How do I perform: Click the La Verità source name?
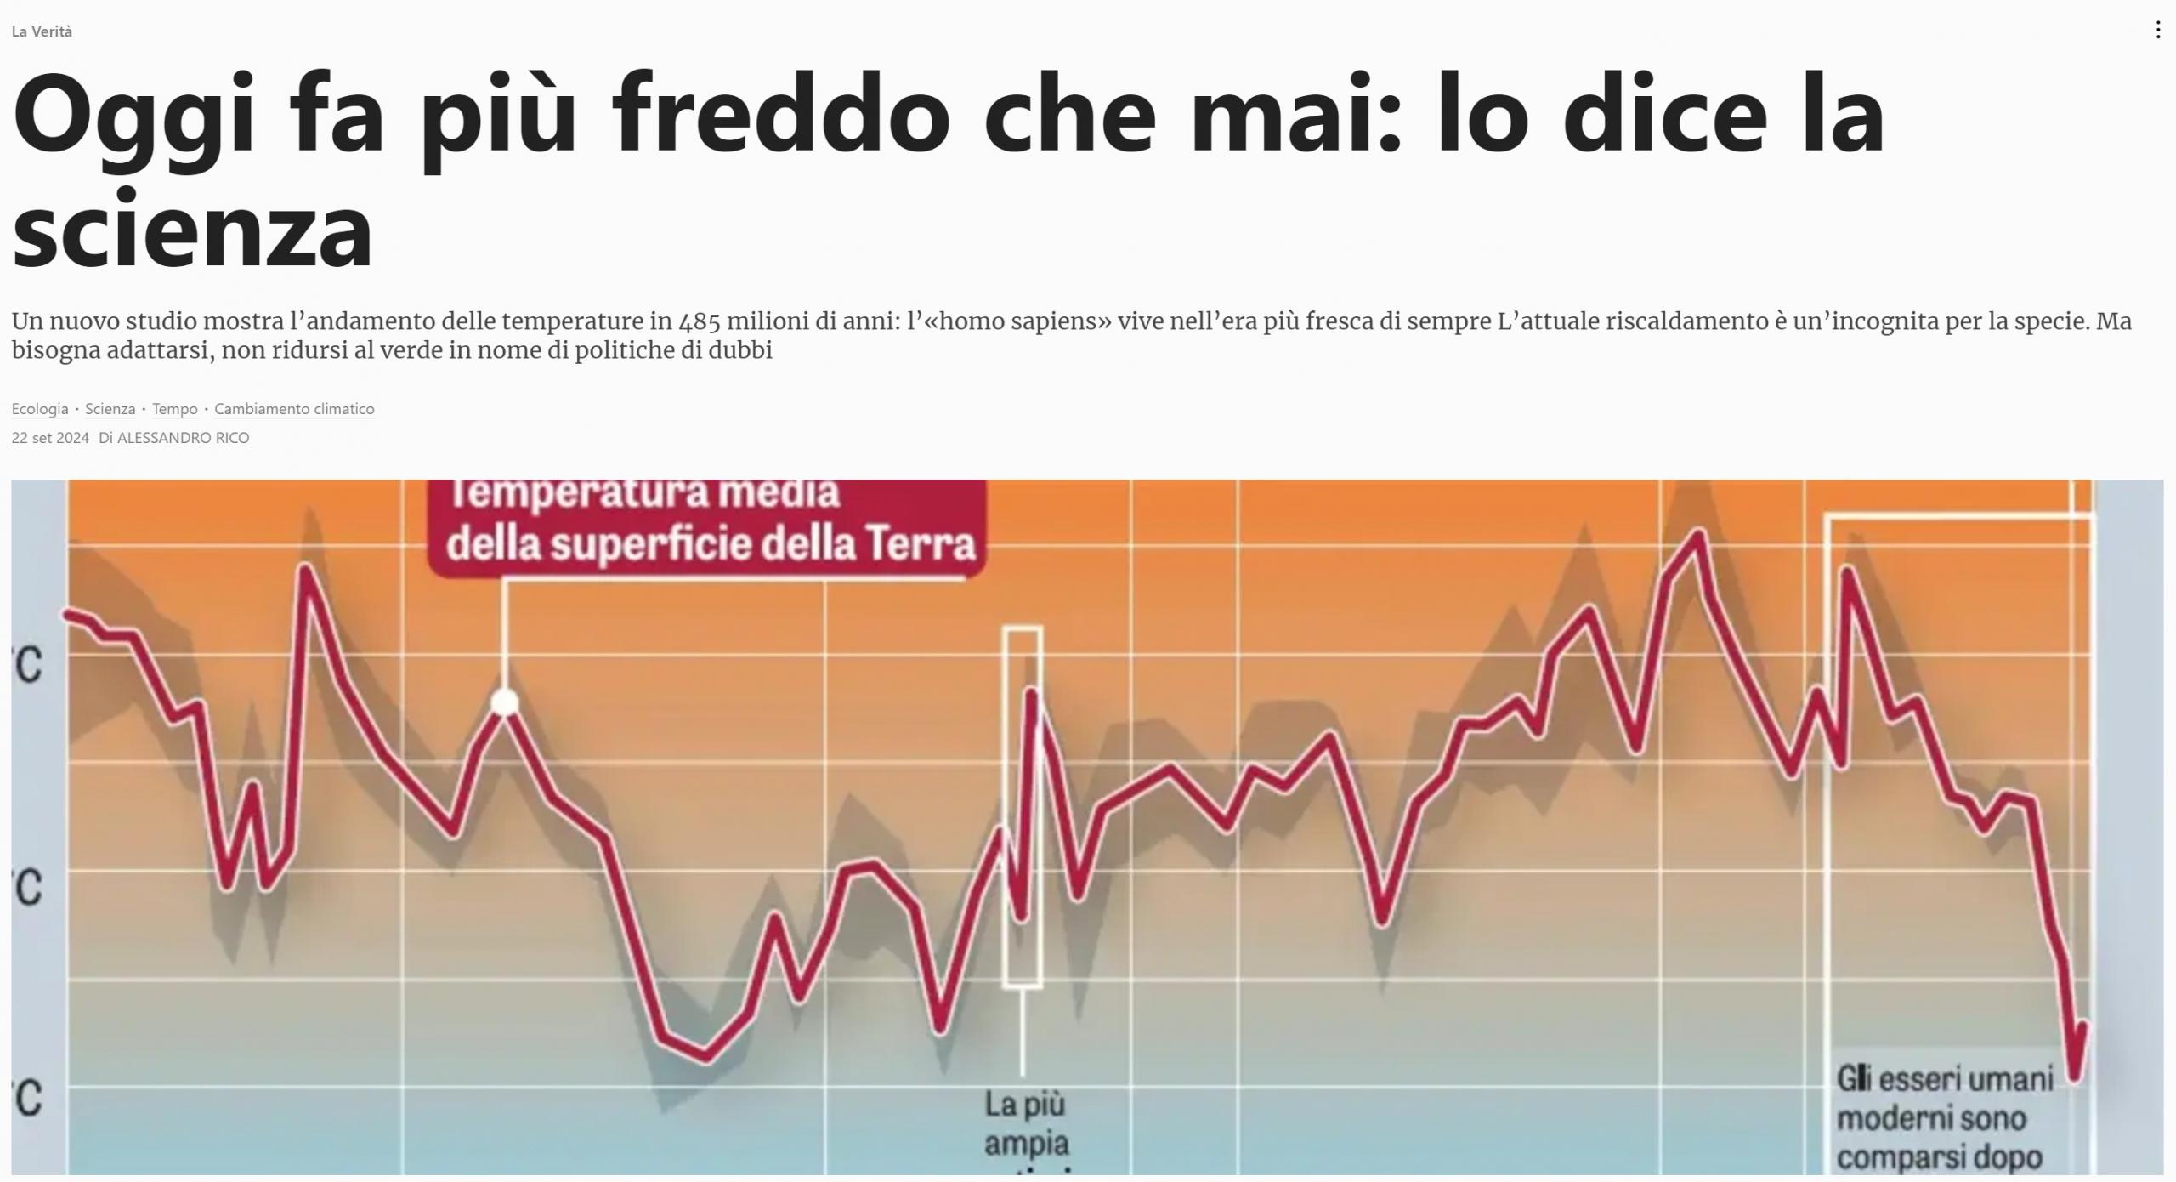[x=42, y=31]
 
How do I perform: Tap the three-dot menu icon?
[x=2157, y=31]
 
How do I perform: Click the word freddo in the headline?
[x=780, y=115]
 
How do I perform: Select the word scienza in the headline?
[x=192, y=230]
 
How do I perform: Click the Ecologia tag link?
[x=40, y=409]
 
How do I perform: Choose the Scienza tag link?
[x=110, y=409]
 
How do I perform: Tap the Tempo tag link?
[x=174, y=409]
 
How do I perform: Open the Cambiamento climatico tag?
[x=294, y=409]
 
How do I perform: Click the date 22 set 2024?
[x=50, y=438]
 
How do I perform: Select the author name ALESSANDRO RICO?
[x=183, y=438]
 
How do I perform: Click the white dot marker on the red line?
[x=505, y=703]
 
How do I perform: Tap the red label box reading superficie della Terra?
[x=710, y=527]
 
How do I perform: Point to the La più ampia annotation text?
[x=1025, y=1122]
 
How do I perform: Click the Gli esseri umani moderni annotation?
[x=1945, y=1118]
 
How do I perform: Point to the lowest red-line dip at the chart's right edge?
[x=2075, y=1077]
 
